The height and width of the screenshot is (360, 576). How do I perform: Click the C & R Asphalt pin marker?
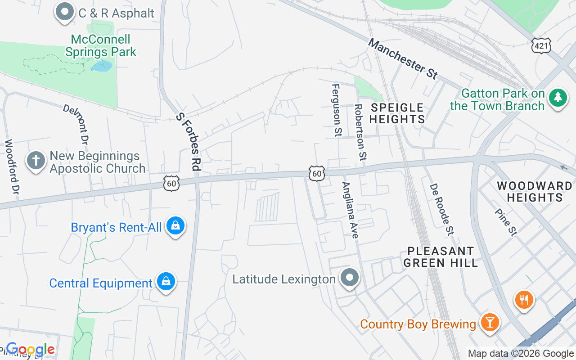65,11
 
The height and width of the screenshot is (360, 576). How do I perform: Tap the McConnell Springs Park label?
101,46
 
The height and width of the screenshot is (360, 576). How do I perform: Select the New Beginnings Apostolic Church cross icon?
36,160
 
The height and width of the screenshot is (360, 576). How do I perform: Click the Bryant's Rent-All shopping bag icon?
175,225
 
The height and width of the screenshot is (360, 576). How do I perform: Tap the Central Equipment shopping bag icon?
166,282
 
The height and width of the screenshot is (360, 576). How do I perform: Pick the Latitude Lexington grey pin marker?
349,278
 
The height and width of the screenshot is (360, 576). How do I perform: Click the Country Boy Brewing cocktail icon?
489,323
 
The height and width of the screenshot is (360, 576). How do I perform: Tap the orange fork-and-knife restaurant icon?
524,299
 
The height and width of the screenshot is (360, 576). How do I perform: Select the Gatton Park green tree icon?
558,97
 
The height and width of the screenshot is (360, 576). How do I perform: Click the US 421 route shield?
541,45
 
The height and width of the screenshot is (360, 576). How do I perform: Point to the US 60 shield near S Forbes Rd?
172,183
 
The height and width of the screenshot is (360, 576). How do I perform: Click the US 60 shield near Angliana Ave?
317,173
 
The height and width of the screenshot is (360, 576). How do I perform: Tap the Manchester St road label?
402,59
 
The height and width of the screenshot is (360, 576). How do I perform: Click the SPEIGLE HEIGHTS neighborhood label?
397,113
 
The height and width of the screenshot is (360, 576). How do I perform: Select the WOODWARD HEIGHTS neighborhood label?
534,192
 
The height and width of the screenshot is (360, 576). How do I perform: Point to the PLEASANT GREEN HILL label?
440,257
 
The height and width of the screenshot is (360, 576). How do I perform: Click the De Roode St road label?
441,209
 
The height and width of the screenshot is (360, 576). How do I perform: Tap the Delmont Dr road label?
76,124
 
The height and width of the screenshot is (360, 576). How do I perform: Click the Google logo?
30,349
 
